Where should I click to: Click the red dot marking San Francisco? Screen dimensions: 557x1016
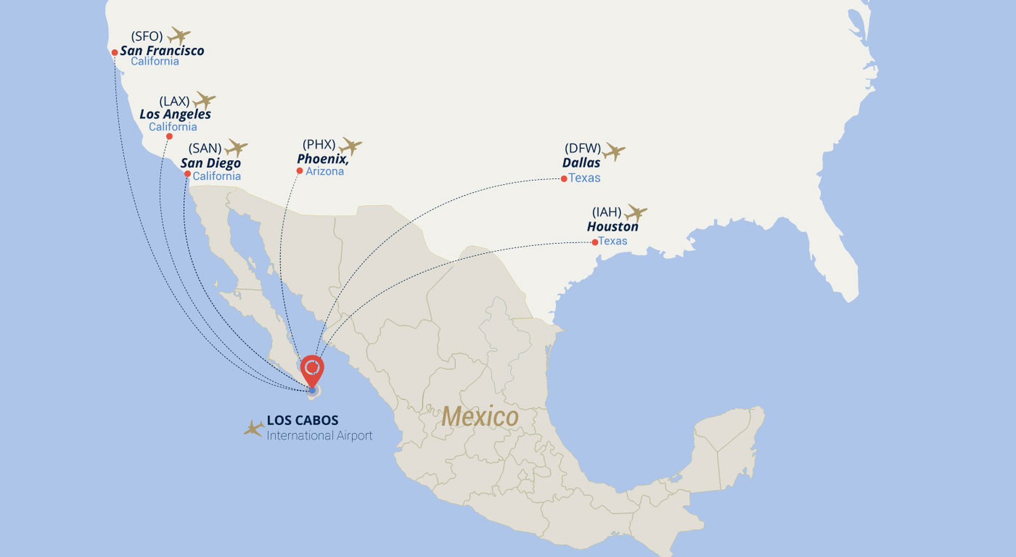pyautogui.click(x=114, y=52)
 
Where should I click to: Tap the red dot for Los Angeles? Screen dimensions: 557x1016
pyautogui.click(x=169, y=136)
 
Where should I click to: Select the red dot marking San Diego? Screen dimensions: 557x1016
pyautogui.click(x=187, y=174)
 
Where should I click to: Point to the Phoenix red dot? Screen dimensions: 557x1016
pyautogui.click(x=300, y=171)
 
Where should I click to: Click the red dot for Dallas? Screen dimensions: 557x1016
pyautogui.click(x=564, y=179)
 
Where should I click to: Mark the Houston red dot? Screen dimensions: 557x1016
pyautogui.click(x=595, y=242)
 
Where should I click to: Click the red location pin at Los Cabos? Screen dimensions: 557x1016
pyautogui.click(x=312, y=369)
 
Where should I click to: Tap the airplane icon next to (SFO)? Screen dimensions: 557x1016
pyautogui.click(x=179, y=36)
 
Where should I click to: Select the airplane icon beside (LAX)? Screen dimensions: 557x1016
pyautogui.click(x=204, y=100)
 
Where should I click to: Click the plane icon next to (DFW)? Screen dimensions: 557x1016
pyautogui.click(x=614, y=151)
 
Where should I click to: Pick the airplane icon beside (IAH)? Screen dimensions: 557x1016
pyautogui.click(x=636, y=213)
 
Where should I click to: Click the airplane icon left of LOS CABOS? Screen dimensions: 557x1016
pyautogui.click(x=254, y=428)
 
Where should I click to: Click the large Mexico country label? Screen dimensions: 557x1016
pyautogui.click(x=480, y=417)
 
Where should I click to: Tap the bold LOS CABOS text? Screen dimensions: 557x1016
pyautogui.click(x=302, y=421)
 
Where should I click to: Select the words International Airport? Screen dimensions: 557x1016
pyautogui.click(x=319, y=436)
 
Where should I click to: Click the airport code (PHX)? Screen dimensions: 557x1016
pyautogui.click(x=319, y=144)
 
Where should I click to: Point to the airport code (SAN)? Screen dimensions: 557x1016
pyautogui.click(x=205, y=148)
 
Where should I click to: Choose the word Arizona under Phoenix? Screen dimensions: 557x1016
pyautogui.click(x=324, y=171)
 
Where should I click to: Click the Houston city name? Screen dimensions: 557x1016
pyautogui.click(x=612, y=227)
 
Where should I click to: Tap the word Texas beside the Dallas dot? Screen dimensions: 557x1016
pyautogui.click(x=584, y=178)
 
